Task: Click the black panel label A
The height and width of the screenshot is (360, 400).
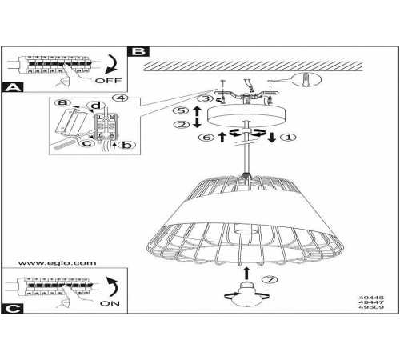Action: [13, 87]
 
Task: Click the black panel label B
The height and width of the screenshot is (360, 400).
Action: [138, 51]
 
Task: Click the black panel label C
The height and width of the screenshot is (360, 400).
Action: [13, 309]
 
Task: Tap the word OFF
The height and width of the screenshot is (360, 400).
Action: [108, 80]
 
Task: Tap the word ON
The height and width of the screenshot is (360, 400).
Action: [110, 303]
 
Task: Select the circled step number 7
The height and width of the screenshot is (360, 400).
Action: [270, 280]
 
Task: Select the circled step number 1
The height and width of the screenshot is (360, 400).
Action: [288, 138]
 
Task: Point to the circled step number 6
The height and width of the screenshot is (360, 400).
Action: [206, 138]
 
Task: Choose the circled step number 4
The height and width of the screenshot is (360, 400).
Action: [120, 98]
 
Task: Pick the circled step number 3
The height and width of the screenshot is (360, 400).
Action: [206, 98]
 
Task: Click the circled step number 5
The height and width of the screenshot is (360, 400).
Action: [181, 110]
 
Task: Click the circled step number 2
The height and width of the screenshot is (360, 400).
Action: [181, 124]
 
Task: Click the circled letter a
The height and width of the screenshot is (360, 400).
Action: [63, 102]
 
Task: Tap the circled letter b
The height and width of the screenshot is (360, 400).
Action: [127, 145]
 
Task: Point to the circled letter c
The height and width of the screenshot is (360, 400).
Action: [87, 143]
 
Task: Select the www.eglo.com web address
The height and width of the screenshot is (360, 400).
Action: [57, 263]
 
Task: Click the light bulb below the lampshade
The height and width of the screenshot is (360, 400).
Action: [246, 294]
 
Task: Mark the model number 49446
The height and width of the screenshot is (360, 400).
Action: [371, 298]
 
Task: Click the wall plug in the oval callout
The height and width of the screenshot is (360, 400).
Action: [307, 79]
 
